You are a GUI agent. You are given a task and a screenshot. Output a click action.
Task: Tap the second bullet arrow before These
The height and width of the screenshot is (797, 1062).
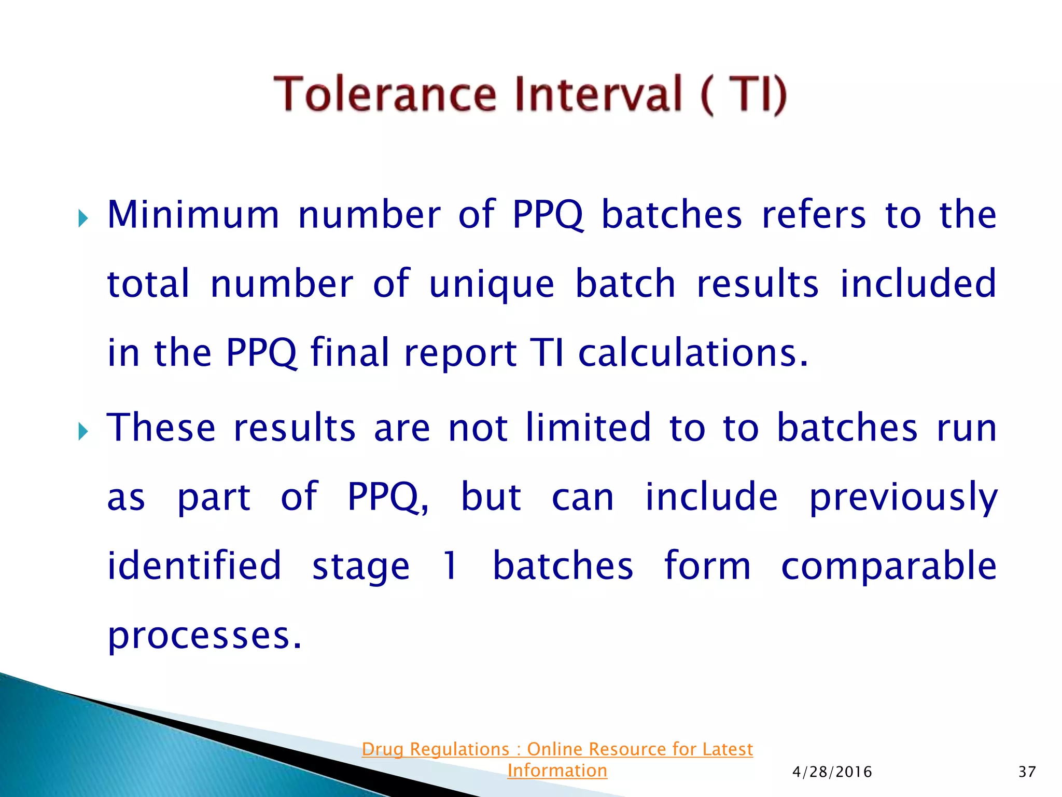[x=83, y=431]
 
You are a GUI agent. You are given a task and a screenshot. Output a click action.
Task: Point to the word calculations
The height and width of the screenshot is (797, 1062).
[x=693, y=353]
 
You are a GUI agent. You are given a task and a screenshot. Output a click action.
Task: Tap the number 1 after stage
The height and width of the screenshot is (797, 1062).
[x=450, y=566]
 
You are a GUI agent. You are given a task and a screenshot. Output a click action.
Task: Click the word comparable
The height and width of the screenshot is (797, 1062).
[x=888, y=567]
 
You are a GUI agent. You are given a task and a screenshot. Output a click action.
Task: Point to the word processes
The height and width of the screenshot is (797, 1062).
[x=204, y=636]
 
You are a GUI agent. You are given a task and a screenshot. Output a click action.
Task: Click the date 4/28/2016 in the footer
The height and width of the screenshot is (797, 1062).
[x=832, y=772]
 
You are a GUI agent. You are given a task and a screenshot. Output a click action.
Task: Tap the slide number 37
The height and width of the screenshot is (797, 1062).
[x=1027, y=772]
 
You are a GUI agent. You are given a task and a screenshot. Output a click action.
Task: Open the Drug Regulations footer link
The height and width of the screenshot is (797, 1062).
[x=557, y=749]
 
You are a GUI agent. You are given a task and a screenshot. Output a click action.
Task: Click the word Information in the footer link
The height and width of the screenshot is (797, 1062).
[x=557, y=771]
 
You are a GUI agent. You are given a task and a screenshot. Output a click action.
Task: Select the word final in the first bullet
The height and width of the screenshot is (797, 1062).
[x=349, y=353]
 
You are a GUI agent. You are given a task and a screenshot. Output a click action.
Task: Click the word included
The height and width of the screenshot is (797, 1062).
[x=917, y=284]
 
